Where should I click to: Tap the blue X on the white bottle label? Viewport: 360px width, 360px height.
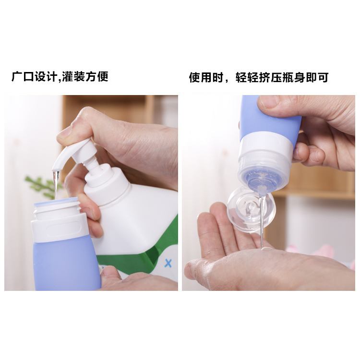168,263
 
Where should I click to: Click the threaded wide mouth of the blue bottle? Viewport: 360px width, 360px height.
57,208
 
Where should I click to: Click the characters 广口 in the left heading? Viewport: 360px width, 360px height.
23,77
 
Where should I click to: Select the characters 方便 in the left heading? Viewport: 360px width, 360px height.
96,77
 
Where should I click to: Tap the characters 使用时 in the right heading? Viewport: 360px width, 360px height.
206,77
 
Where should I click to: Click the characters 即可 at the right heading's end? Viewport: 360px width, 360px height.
317,77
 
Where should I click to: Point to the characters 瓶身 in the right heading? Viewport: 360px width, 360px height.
294,77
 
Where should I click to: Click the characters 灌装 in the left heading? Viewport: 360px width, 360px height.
73,77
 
